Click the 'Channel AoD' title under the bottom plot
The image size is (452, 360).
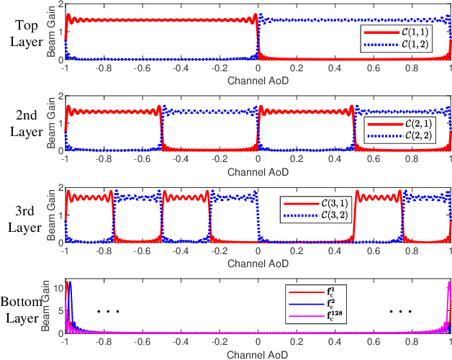pos(258,354)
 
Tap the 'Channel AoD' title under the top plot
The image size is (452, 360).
pos(258,77)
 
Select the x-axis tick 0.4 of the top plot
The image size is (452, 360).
pos(335,67)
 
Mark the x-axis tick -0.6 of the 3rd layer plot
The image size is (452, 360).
pos(142,254)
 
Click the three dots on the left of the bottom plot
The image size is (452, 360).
pos(107,312)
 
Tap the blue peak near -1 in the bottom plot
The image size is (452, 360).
pos(70,283)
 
